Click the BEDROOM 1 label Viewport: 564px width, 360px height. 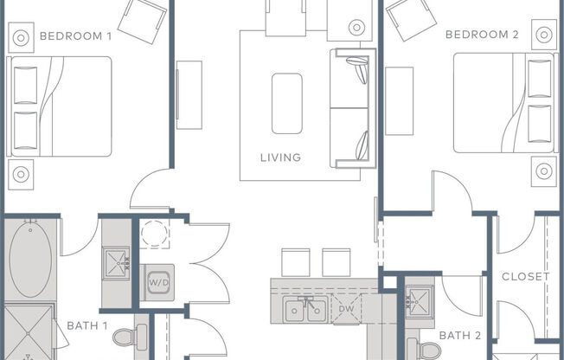click(x=75, y=36)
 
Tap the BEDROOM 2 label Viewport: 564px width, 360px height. click(x=482, y=35)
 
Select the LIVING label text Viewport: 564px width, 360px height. click(x=280, y=157)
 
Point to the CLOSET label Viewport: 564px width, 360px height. click(x=526, y=276)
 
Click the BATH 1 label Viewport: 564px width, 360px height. click(x=87, y=325)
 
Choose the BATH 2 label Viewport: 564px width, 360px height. click(x=460, y=336)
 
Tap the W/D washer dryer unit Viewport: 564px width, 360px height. click(x=158, y=283)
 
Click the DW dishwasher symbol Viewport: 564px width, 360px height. click(x=346, y=309)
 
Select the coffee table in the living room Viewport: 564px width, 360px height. click(x=287, y=104)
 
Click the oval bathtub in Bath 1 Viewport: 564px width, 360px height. click(x=30, y=260)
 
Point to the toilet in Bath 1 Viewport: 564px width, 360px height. click(x=130, y=337)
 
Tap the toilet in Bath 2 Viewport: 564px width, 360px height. click(x=425, y=350)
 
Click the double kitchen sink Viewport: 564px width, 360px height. click(x=305, y=309)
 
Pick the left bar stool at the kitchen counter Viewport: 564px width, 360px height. click(x=296, y=262)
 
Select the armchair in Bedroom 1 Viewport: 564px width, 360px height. click(x=143, y=21)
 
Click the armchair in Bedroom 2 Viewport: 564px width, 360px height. click(x=411, y=19)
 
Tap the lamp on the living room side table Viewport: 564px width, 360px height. click(x=356, y=28)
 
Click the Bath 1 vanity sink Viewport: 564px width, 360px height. click(x=116, y=264)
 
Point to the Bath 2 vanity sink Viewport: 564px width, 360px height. click(x=420, y=301)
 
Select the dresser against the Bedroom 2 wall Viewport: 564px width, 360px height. click(x=400, y=101)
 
